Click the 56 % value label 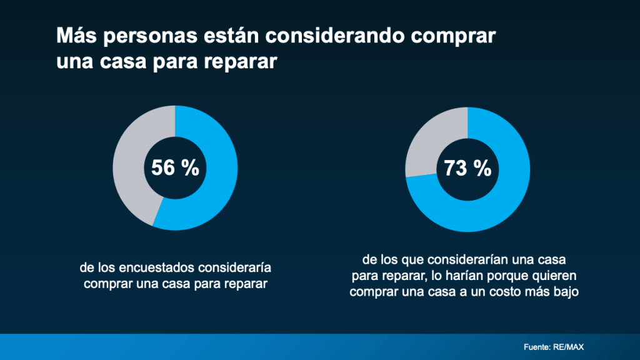pyautogui.click(x=175, y=168)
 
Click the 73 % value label pyautogui.click(x=467, y=168)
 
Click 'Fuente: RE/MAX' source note pyautogui.click(x=554, y=347)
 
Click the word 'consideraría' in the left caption pyautogui.click(x=234, y=269)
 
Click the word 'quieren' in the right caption pyautogui.click(x=554, y=276)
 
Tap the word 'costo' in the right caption pyautogui.click(x=512, y=292)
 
